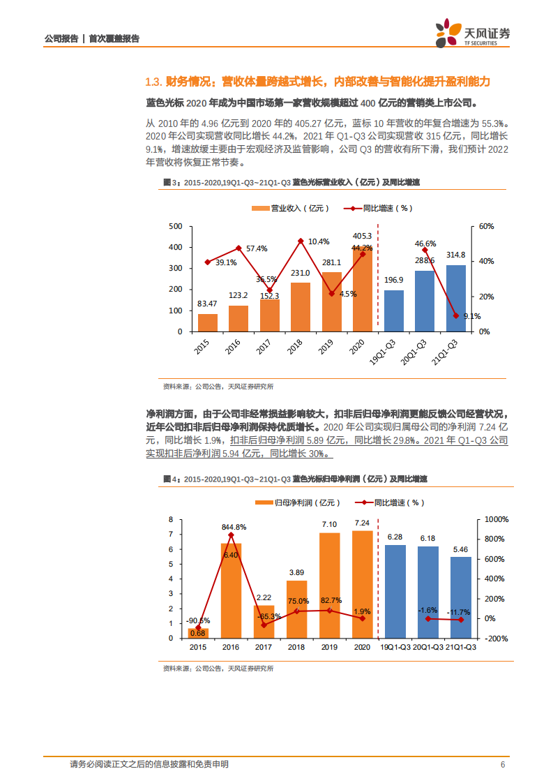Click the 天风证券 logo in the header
point(472,32)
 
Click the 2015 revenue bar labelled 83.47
point(208,322)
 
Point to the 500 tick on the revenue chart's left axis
point(175,226)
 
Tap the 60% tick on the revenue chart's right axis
point(486,226)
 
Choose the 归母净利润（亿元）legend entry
point(301,502)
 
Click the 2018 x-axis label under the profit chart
point(297,648)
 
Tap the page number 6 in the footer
point(502,764)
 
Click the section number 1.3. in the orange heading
point(153,82)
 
